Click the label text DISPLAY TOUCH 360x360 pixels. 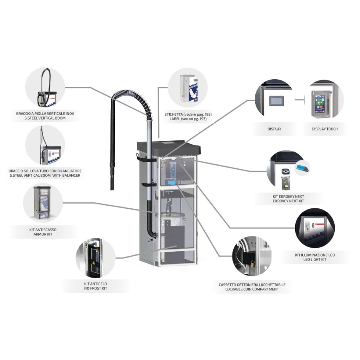[x=324, y=129]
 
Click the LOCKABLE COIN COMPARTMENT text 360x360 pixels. [x=252, y=289]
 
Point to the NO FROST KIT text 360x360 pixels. [x=96, y=288]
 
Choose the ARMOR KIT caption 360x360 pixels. [x=42, y=234]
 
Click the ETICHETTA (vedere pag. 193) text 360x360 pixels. [x=188, y=114]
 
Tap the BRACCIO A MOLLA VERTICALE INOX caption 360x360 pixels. [x=45, y=114]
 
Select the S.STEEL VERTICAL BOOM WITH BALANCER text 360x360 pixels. [x=45, y=175]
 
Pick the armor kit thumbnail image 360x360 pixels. [x=42, y=202]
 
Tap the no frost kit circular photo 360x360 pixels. [x=95, y=259]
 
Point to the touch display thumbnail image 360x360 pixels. [x=324, y=100]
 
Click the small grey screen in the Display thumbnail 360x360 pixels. [x=275, y=100]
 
